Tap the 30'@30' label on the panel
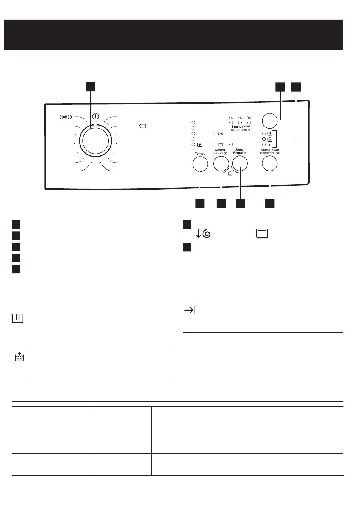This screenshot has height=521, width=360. [x=66, y=117]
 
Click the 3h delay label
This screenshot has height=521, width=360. [x=230, y=118]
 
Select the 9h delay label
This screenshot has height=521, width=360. [x=249, y=118]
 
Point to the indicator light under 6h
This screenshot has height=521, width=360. [x=240, y=122]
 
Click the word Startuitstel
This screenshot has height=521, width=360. [x=241, y=126]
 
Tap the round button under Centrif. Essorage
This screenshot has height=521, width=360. [x=221, y=164]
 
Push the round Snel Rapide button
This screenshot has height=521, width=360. [x=240, y=163]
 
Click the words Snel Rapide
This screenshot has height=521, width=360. [x=239, y=151]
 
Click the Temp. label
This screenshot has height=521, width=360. [x=200, y=154]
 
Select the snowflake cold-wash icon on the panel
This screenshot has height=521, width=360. [x=200, y=145]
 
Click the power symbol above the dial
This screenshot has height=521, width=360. [x=95, y=116]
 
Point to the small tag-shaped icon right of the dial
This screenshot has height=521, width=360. [x=142, y=126]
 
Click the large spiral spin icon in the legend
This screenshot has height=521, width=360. [x=203, y=234]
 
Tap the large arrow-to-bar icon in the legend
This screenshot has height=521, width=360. [x=189, y=310]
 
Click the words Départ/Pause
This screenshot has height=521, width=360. [x=270, y=153]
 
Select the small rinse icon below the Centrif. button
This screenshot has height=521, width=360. [x=230, y=173]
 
